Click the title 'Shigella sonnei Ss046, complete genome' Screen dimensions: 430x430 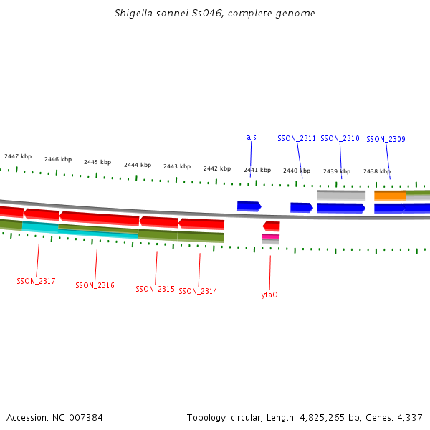(215, 14)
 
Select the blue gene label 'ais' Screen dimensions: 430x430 (252, 137)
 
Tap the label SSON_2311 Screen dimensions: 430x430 (297, 138)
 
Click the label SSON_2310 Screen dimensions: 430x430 (340, 138)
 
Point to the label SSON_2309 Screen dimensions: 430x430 (386, 139)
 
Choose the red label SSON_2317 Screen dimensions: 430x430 (36, 281)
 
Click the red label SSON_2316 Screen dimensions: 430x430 (95, 285)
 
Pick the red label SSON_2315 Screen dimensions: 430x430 (155, 289)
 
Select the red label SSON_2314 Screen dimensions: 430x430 (198, 291)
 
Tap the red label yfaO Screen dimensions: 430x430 (269, 295)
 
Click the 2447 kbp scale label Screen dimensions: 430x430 (18, 156)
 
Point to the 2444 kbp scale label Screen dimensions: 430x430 (138, 165)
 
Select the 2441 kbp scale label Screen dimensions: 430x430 (257, 170)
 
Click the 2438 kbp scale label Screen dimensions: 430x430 (377, 171)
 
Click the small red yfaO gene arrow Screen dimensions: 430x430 (271, 226)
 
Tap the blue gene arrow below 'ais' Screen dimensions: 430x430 (249, 206)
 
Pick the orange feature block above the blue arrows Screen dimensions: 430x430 (390, 195)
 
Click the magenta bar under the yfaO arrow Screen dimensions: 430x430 (271, 236)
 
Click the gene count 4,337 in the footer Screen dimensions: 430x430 (408, 417)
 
